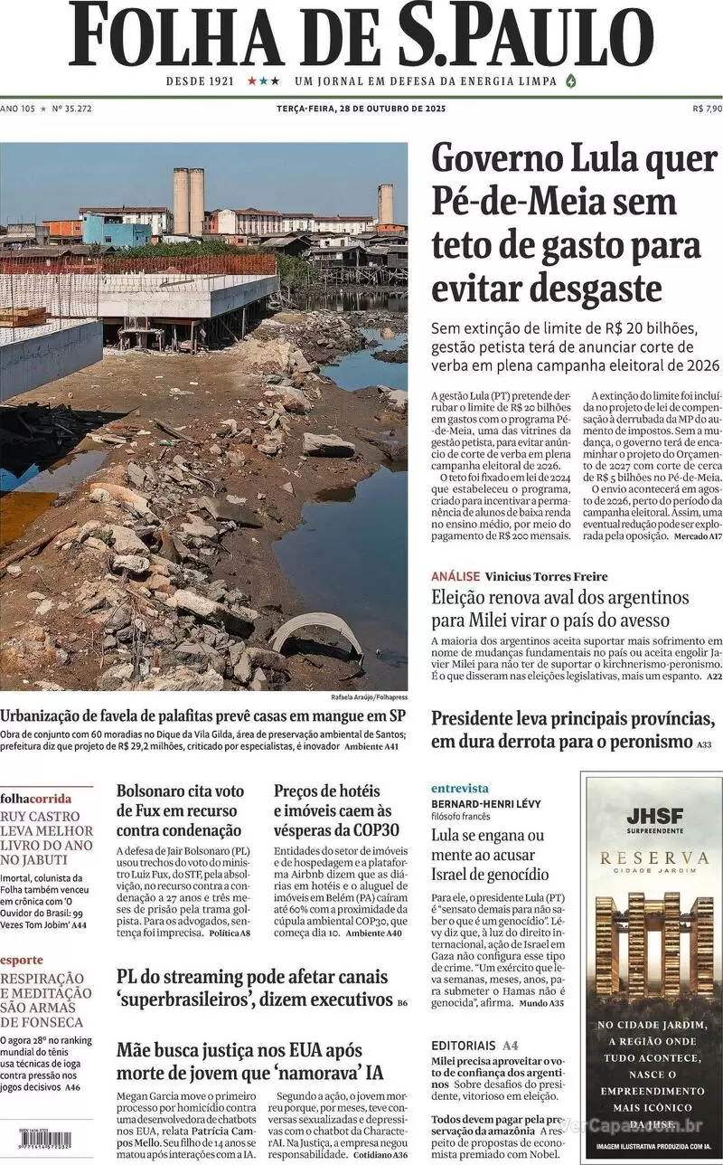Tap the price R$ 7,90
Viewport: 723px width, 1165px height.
[x=707, y=109]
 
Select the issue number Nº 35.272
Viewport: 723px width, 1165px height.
[x=72, y=109]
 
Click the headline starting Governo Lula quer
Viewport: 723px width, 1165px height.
[x=574, y=223]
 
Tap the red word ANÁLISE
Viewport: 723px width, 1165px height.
[x=455, y=576]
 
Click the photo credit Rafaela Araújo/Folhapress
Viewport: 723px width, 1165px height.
[x=371, y=697]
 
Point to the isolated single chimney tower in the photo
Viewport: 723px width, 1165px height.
[x=386, y=204]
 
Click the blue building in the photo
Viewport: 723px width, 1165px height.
[x=115, y=231]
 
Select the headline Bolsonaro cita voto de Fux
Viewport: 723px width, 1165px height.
[x=181, y=810]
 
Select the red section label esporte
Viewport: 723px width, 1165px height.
[x=21, y=960]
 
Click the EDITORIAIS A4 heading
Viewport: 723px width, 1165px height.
[x=474, y=1045]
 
